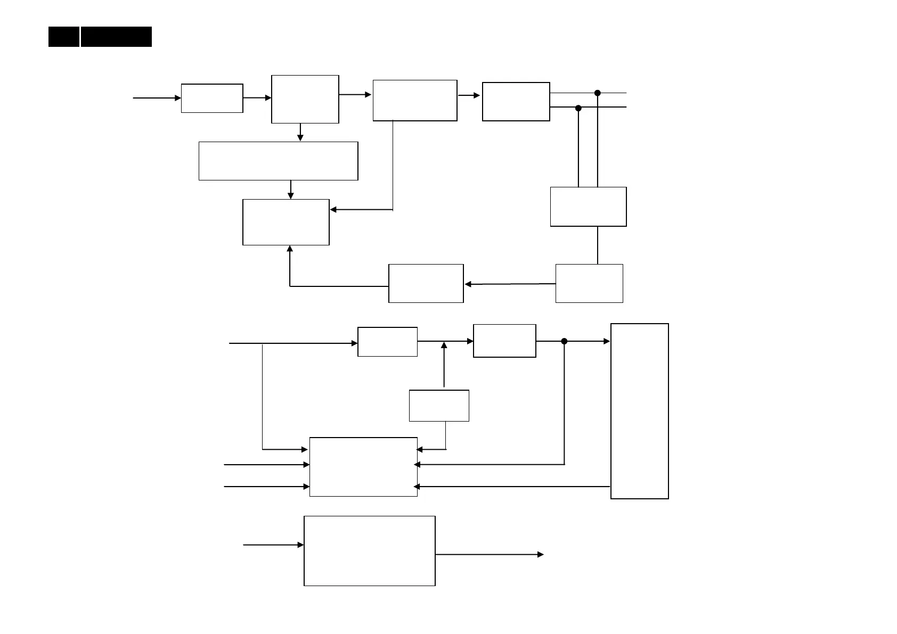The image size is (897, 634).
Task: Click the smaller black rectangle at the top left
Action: pyautogui.click(x=64, y=37)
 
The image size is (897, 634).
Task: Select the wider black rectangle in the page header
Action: pyautogui.click(x=116, y=37)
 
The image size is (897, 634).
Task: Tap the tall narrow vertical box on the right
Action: pyautogui.click(x=639, y=411)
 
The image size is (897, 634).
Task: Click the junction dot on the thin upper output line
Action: pyautogui.click(x=598, y=93)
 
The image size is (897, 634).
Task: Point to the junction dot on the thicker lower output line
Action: pyautogui.click(x=578, y=108)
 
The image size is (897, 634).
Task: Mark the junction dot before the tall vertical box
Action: pyautogui.click(x=564, y=341)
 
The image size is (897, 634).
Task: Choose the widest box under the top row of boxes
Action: pyautogui.click(x=278, y=161)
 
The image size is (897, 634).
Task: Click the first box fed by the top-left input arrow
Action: pyautogui.click(x=212, y=98)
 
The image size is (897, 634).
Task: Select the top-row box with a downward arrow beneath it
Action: pyautogui.click(x=305, y=99)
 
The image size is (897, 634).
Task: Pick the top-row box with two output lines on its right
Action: pyautogui.click(x=516, y=102)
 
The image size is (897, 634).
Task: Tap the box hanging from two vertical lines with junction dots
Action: pyautogui.click(x=588, y=207)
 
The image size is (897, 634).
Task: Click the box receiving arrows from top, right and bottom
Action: pyautogui.click(x=286, y=222)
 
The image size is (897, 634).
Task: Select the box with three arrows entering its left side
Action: pyautogui.click(x=363, y=467)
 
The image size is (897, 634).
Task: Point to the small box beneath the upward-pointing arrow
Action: pyautogui.click(x=439, y=406)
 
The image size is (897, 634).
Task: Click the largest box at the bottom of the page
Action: pyautogui.click(x=369, y=550)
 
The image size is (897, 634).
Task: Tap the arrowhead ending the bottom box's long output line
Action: pyautogui.click(x=541, y=555)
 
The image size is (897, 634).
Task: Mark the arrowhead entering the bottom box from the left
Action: pyautogui.click(x=301, y=545)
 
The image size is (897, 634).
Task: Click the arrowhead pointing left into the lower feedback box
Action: pyautogui.click(x=468, y=284)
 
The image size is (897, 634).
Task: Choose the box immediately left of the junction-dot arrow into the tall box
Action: pyautogui.click(x=504, y=341)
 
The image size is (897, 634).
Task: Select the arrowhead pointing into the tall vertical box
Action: pyautogui.click(x=607, y=341)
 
